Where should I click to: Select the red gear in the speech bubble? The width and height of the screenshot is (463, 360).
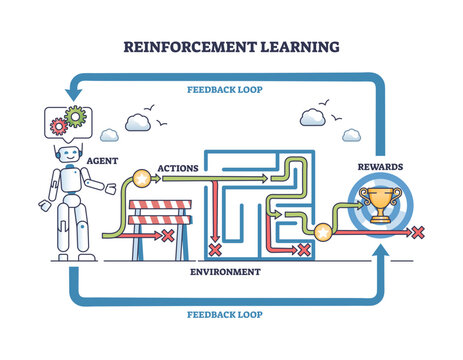coord(59,126)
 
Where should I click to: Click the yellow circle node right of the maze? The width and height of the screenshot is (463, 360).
coord(324,233)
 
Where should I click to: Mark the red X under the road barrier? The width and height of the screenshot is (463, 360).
coord(168,237)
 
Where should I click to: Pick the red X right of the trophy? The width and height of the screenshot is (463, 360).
coord(418,233)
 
